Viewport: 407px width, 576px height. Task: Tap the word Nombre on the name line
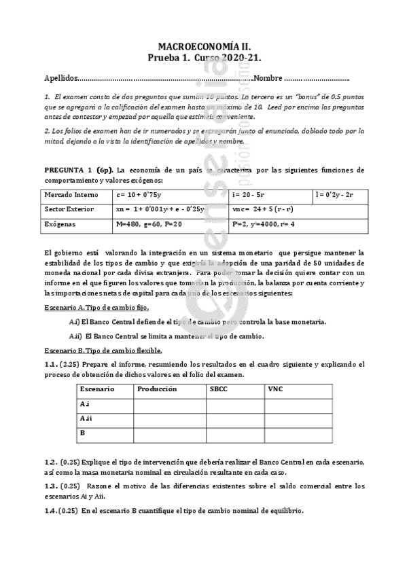click(x=268, y=79)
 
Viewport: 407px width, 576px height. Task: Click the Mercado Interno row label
click(x=71, y=196)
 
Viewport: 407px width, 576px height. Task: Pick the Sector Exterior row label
click(x=69, y=209)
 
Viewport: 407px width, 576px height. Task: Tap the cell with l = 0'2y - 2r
click(x=339, y=196)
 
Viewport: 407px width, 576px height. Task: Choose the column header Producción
click(x=157, y=389)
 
